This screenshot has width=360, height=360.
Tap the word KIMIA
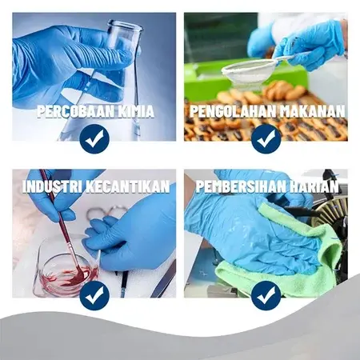tap(136, 111)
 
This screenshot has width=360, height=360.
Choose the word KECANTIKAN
tap(128, 186)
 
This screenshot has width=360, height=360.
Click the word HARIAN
tap(314, 186)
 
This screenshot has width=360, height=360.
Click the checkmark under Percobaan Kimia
tap(94, 138)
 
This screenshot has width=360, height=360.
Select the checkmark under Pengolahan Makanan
tap(266, 138)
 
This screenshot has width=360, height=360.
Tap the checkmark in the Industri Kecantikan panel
tap(94, 295)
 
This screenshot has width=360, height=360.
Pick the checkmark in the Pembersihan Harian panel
tap(266, 295)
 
